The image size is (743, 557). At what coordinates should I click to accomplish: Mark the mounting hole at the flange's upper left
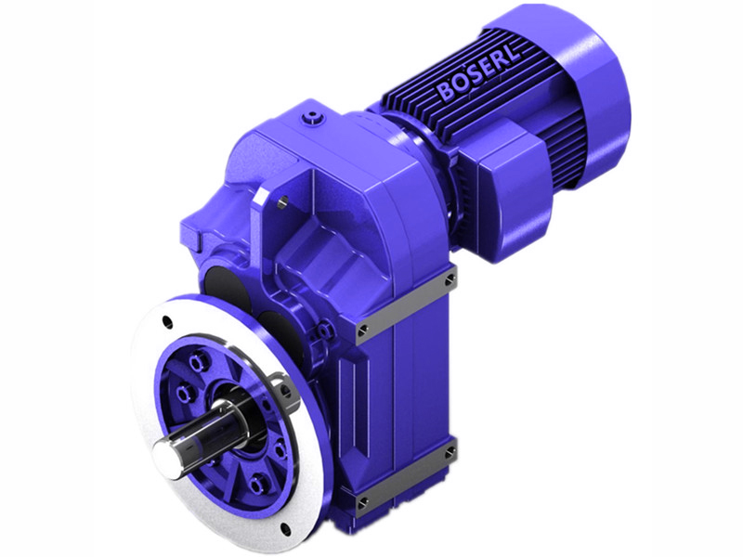point(166,321)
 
